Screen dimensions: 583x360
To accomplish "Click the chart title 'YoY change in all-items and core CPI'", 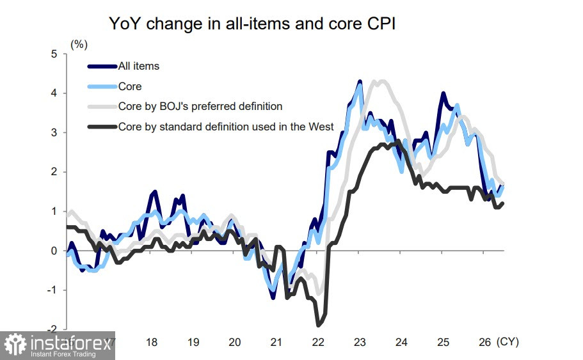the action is (x=252, y=24).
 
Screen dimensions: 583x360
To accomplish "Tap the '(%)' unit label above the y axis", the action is (x=79, y=45).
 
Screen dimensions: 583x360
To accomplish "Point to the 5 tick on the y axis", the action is (x=54, y=54).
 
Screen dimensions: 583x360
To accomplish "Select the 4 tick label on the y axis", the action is (x=54, y=93).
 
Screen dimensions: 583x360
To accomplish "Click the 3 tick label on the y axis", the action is (x=54, y=132).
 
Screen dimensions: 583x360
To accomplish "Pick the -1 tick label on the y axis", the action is (x=52, y=290).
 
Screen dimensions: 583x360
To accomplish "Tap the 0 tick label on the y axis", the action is (x=54, y=251).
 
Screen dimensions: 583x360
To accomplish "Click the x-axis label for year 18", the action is (x=152, y=342).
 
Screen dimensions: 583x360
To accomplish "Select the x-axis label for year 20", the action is (x=235, y=342).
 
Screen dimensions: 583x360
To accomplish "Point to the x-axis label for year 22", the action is (x=318, y=342).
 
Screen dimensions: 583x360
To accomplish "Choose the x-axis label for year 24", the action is (x=401, y=342).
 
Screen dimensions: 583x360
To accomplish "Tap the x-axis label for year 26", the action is (x=484, y=342).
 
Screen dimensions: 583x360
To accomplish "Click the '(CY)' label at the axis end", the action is (x=507, y=342).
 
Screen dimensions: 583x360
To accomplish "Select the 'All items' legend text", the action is (x=139, y=66).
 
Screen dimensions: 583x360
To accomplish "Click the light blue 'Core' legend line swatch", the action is (x=102, y=86).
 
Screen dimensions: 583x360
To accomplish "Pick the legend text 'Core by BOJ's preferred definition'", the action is (x=200, y=107).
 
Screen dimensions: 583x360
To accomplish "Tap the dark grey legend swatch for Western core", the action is (x=102, y=127).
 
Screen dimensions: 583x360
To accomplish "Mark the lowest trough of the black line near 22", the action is (x=318, y=325).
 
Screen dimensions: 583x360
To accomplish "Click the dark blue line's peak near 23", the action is (x=360, y=81).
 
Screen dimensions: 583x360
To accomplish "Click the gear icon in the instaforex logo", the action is (x=15, y=345).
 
